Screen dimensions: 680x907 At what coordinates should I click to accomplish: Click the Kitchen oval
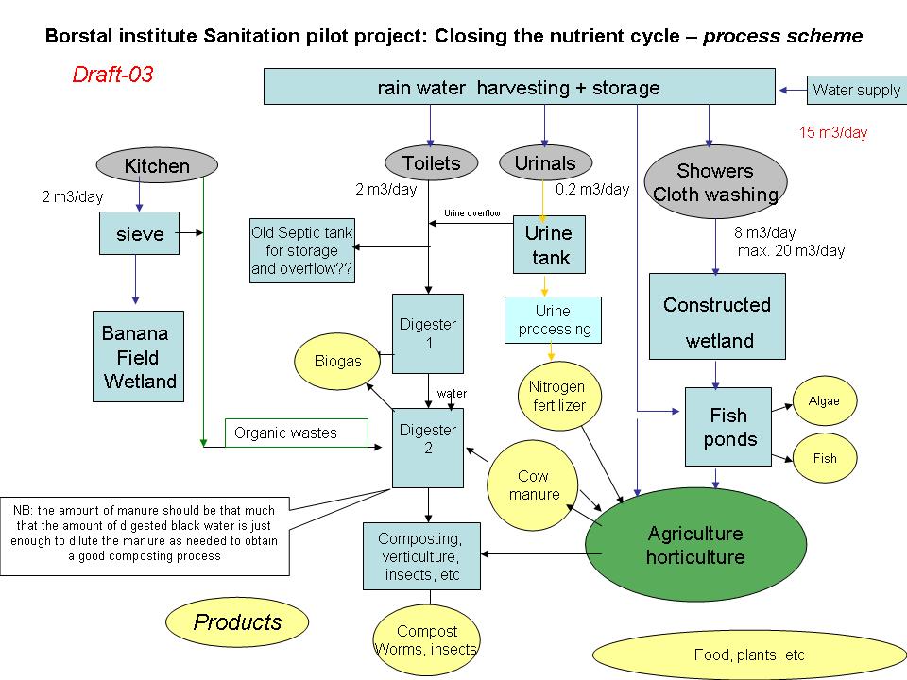coord(157,166)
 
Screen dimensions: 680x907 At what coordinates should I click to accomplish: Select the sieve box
coord(139,234)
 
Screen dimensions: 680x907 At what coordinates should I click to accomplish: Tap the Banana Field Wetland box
coord(139,357)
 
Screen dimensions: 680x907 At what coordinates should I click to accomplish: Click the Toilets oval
coord(431,163)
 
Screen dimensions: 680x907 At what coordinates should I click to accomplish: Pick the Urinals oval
coord(545,163)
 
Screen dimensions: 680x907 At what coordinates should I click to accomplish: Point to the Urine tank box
coord(549,246)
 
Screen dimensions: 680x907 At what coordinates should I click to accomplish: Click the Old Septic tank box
coord(301,251)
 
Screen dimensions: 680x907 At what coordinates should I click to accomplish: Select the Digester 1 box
coord(428,332)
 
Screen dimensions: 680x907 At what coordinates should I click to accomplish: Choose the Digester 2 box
coord(428,448)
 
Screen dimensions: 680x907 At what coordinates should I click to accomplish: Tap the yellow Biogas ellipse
coord(338,361)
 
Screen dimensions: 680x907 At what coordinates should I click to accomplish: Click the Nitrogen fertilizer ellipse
coord(557,396)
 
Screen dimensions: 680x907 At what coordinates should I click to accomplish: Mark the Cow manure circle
coord(534,484)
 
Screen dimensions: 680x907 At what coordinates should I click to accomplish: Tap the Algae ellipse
coord(824,400)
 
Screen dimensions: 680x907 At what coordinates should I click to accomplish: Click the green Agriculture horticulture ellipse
coord(695,545)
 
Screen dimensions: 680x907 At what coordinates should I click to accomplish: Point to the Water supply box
coord(857,90)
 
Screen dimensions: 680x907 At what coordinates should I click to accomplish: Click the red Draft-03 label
coord(112,75)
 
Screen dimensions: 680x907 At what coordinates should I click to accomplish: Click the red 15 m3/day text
coord(833,132)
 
